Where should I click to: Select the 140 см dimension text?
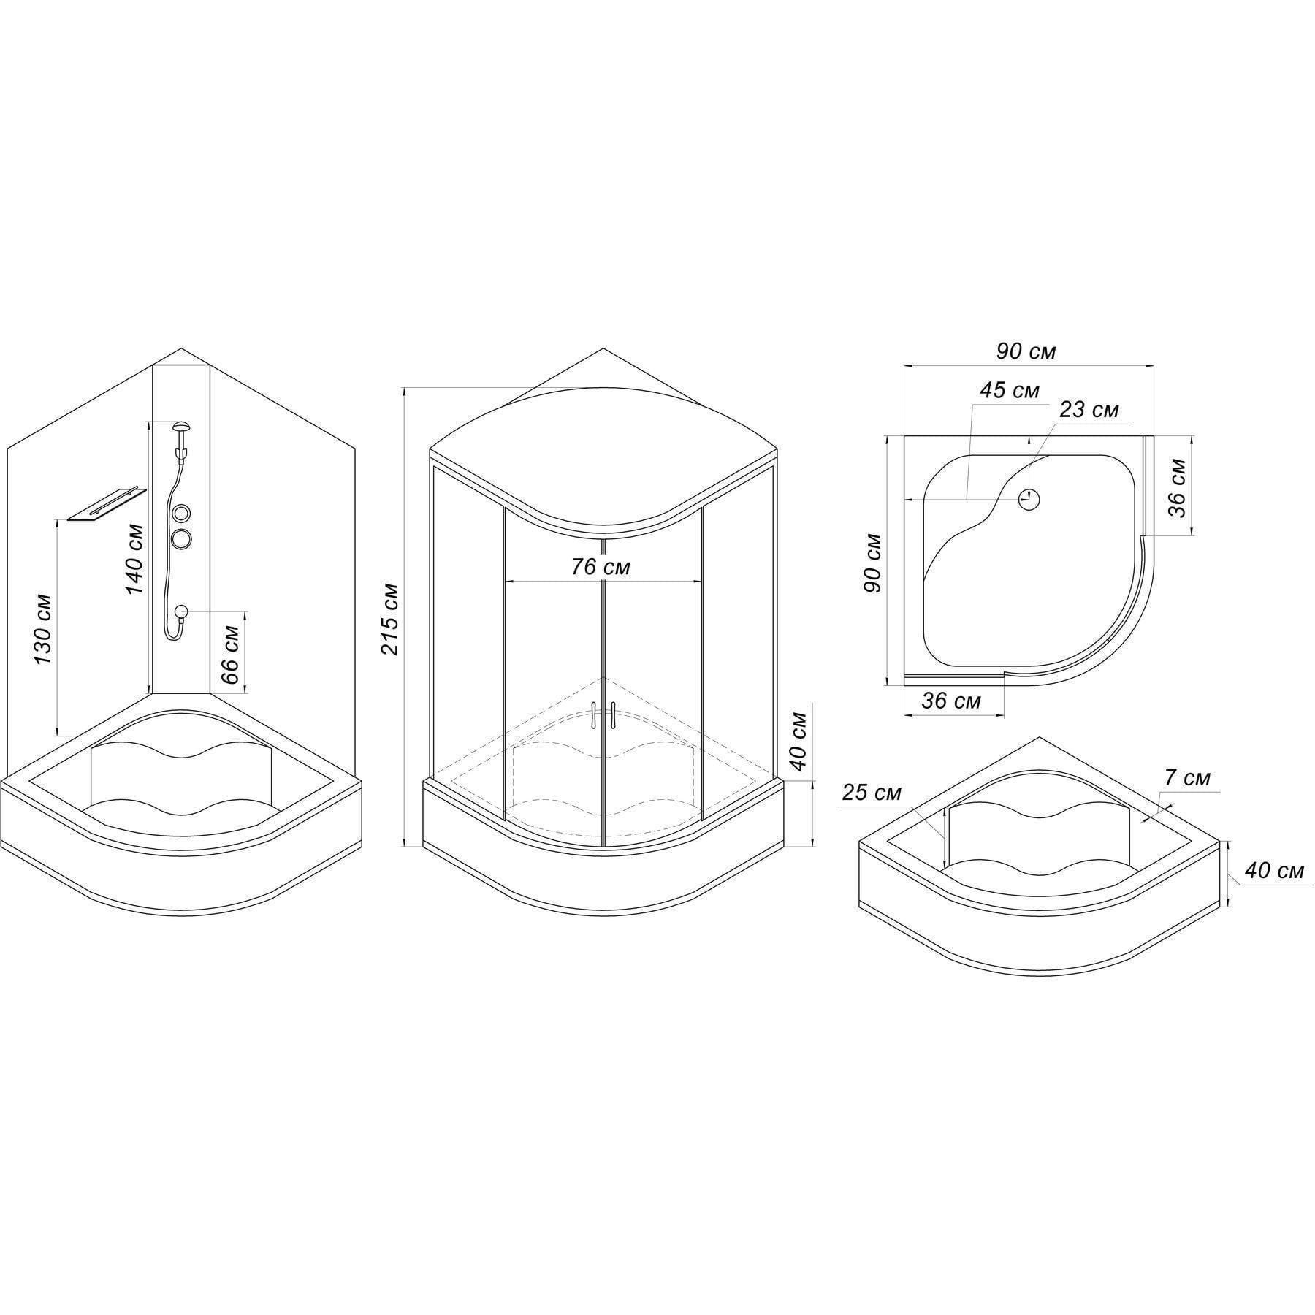(x=135, y=559)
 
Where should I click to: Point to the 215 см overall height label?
(x=390, y=618)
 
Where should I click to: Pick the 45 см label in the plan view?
(x=1009, y=390)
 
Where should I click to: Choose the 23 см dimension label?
(x=1089, y=410)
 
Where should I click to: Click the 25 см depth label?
(x=872, y=792)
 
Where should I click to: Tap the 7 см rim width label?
(x=1187, y=778)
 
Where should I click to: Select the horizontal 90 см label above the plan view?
(x=1026, y=351)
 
